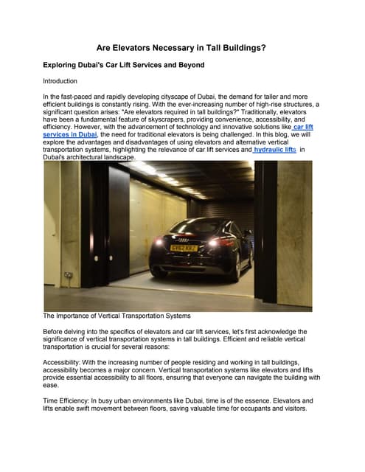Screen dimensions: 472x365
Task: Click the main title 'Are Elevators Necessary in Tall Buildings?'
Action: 182,48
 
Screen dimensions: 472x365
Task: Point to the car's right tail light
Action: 213,241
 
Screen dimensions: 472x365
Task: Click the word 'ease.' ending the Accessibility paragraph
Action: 53,384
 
